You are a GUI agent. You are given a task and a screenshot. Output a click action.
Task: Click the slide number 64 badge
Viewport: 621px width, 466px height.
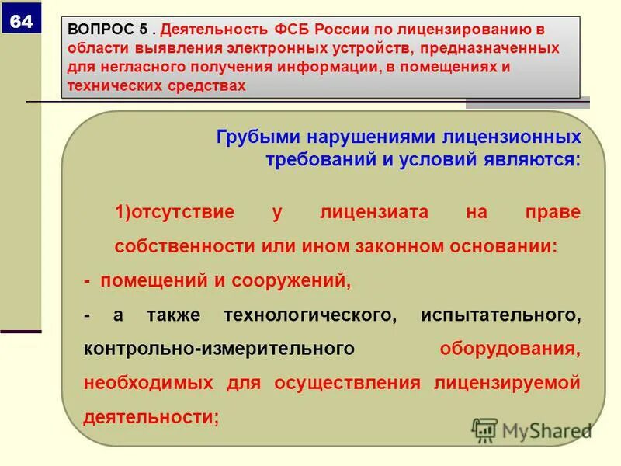point(21,22)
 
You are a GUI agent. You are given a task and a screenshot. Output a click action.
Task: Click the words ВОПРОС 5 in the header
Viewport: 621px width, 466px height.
point(108,30)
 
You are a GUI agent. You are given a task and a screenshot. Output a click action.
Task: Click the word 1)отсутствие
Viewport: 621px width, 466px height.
point(175,213)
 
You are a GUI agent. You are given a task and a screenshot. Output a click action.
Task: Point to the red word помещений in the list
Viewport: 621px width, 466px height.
point(151,281)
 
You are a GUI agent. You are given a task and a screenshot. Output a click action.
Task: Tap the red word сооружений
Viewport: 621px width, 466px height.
point(300,281)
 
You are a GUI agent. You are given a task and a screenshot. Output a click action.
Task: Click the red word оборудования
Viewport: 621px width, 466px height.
point(509,349)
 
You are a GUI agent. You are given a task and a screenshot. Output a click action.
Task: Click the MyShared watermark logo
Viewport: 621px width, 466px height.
point(533,429)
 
